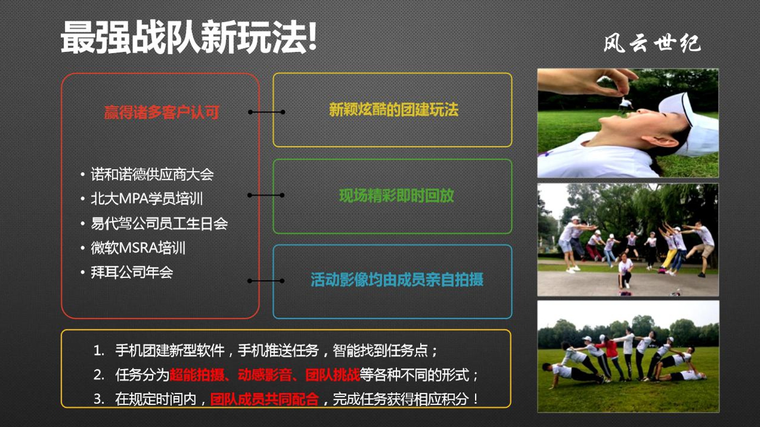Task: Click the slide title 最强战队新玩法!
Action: pos(188,37)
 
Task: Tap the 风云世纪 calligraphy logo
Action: pos(652,44)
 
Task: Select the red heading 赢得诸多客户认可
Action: pos(161,112)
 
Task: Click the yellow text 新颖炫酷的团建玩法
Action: pos(394,110)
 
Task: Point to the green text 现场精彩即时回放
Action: pos(396,196)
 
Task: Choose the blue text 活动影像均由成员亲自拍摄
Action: pos(397,280)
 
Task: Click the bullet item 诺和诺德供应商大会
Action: pos(152,174)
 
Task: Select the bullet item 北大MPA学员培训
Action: pos(147,199)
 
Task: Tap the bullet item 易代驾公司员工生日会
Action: pos(159,224)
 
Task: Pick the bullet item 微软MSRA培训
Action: pos(138,248)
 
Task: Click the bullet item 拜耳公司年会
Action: pos(132,272)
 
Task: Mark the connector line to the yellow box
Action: pos(266,112)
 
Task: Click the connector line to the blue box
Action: pos(266,281)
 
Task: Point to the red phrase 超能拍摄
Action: pos(197,375)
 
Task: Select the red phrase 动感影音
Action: pos(265,375)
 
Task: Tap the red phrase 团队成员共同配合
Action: pos(265,399)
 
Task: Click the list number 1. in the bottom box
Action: pos(99,351)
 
